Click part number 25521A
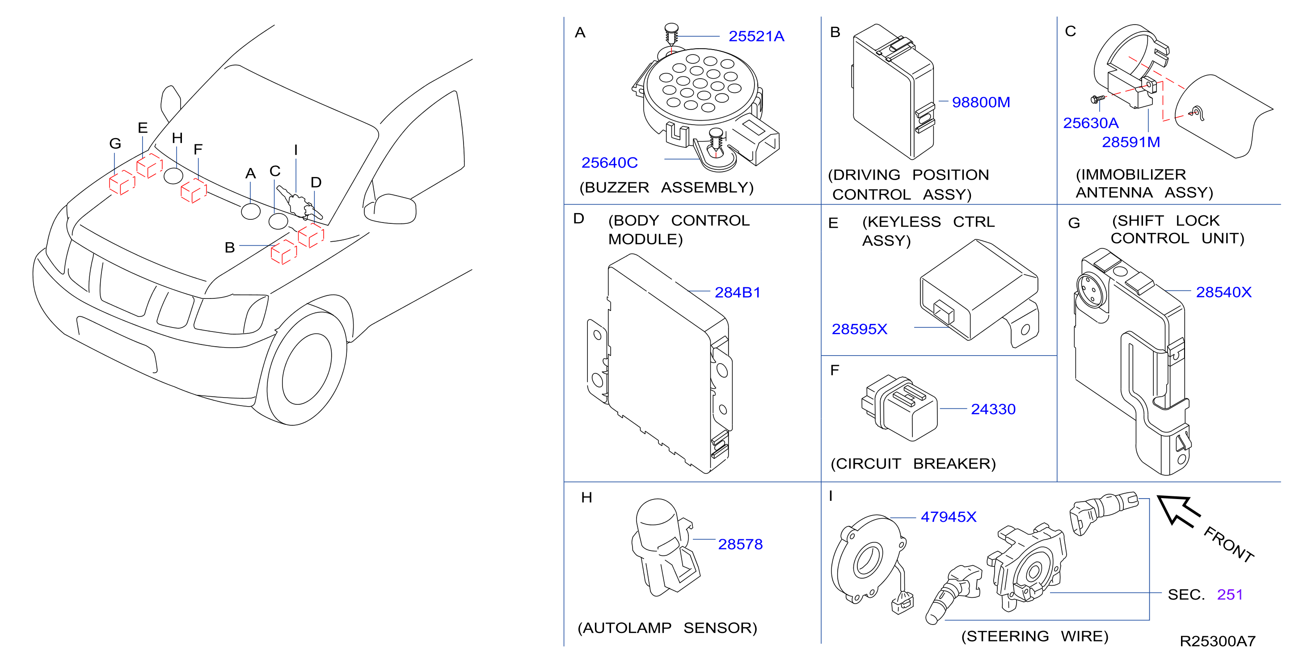click(x=756, y=36)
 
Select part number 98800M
click(x=981, y=102)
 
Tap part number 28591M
click(x=1130, y=142)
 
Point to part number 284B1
click(x=737, y=292)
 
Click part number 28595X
click(x=859, y=329)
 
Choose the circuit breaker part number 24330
click(x=993, y=409)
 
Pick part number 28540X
click(x=1223, y=292)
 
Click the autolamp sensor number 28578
click(x=740, y=545)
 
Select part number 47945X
click(x=948, y=517)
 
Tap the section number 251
click(x=1230, y=595)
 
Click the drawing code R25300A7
click(x=1217, y=642)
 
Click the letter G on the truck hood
click(x=115, y=143)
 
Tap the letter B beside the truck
click(x=230, y=248)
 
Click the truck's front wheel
click(x=307, y=368)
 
